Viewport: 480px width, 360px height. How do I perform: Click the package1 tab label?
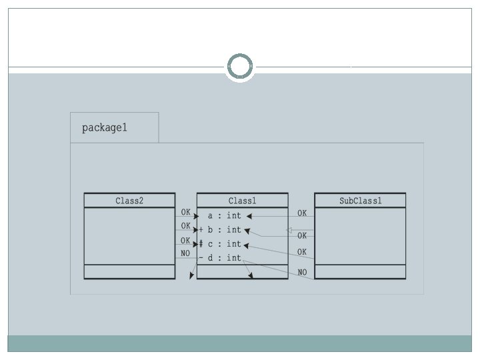(104, 127)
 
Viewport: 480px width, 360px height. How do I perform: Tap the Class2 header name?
(129, 201)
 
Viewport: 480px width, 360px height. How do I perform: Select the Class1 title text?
(242, 201)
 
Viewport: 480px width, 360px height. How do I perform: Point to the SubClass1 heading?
(360, 201)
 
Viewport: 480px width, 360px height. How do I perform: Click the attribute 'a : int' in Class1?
(224, 215)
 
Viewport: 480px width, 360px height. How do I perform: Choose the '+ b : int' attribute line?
(221, 230)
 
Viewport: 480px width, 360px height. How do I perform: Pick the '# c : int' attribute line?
(221, 244)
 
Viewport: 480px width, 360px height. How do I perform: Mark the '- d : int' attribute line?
(221, 258)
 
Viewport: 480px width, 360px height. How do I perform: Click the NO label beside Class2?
(185, 253)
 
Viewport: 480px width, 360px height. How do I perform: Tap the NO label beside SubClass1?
(302, 273)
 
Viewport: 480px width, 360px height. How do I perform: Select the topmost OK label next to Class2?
(185, 212)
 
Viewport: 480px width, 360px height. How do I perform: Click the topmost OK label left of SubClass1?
(302, 213)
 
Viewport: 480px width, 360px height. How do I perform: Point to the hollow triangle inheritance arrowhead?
(289, 230)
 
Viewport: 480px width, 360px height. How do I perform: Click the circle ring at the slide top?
(240, 67)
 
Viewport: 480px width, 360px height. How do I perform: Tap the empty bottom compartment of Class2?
(129, 271)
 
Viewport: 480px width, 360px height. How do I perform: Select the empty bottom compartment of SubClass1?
(360, 271)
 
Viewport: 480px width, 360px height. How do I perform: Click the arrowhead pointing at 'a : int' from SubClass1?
(248, 216)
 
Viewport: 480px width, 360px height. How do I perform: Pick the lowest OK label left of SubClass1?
(302, 252)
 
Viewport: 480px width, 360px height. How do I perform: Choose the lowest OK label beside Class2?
(185, 240)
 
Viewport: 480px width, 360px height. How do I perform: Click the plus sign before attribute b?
(201, 230)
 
